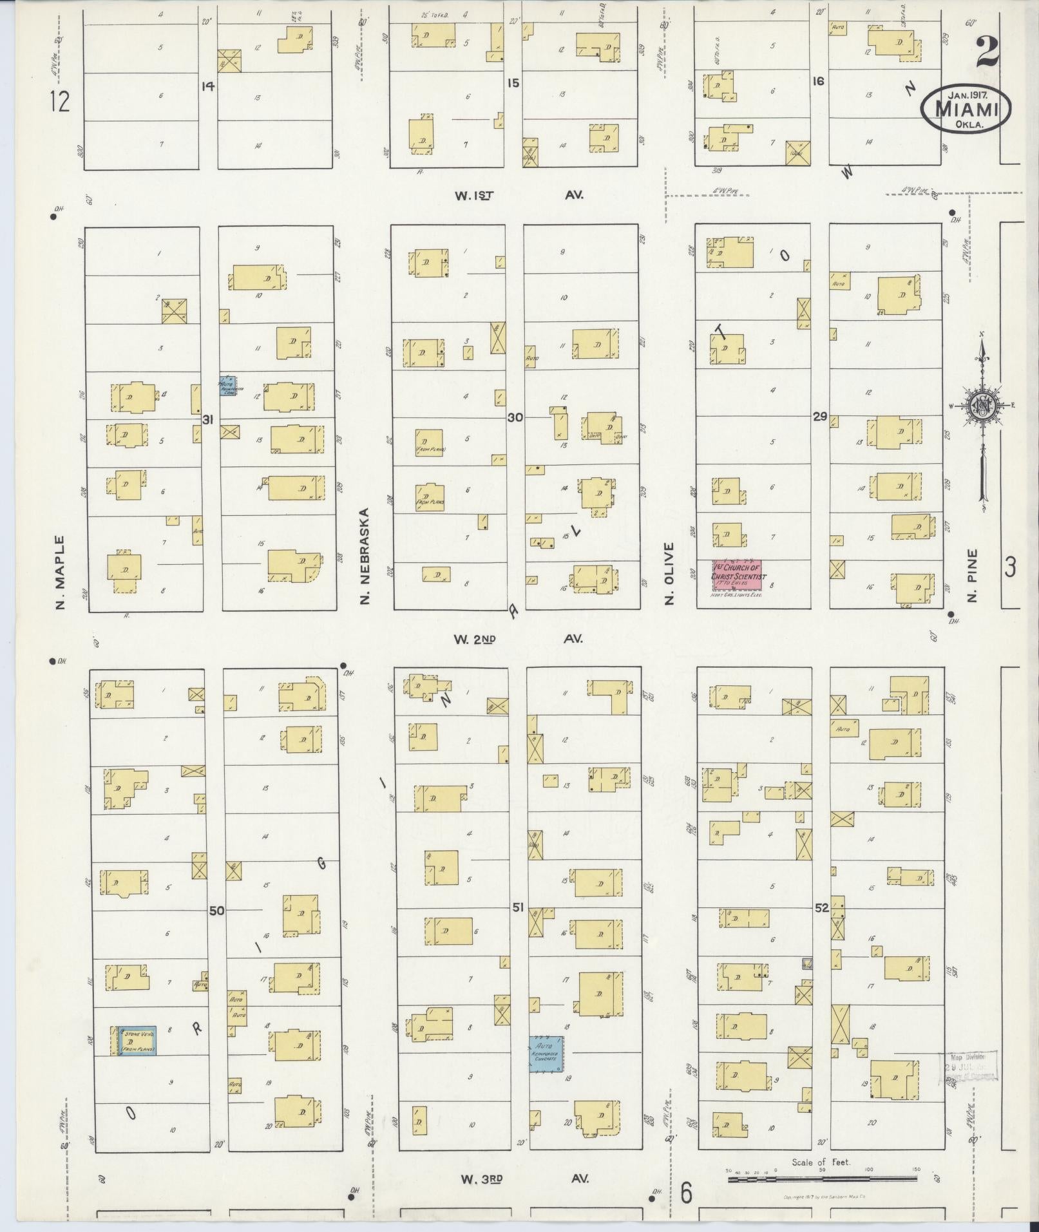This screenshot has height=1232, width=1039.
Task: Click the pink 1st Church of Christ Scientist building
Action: (737, 574)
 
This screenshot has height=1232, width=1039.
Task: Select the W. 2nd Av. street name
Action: (518, 639)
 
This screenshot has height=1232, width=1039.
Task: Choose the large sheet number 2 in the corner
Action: (987, 52)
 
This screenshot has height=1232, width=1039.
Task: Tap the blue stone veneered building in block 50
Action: (136, 1041)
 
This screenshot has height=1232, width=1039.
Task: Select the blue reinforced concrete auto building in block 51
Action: (546, 1054)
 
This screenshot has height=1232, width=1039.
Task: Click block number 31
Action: (207, 420)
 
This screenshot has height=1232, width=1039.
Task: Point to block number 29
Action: (819, 417)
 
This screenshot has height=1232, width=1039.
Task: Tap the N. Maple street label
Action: (61, 573)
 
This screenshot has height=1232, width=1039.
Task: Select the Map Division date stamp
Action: (971, 1066)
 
